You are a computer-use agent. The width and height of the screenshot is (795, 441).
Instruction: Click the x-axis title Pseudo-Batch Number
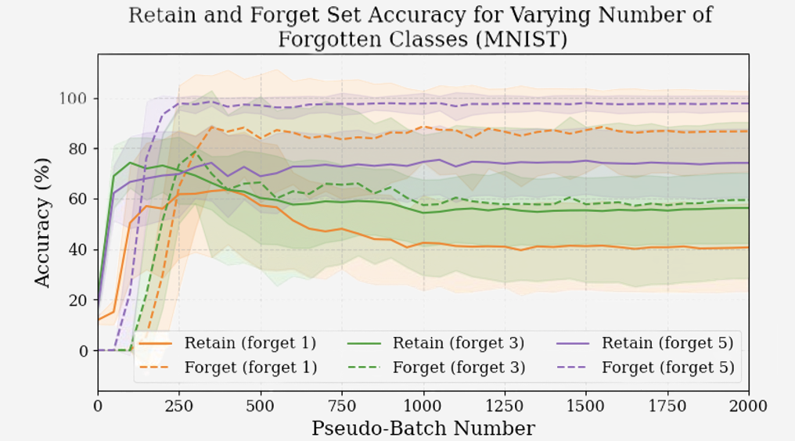423,428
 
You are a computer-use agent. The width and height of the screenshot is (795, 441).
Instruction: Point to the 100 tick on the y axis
77,99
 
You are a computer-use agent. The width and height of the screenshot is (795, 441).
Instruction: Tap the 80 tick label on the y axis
81,149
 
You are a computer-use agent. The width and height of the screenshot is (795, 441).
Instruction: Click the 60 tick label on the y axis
81,199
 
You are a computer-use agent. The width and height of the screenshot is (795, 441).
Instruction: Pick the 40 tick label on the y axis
81,250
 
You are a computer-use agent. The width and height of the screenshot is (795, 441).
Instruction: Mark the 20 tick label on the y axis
81,300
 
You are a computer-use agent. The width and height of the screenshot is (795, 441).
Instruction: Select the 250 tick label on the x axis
179,406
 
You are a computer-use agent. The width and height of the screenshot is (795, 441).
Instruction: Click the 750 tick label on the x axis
342,406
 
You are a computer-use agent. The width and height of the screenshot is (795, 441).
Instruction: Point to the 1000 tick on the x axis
423,406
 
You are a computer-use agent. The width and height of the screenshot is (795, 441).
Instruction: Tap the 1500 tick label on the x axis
586,406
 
